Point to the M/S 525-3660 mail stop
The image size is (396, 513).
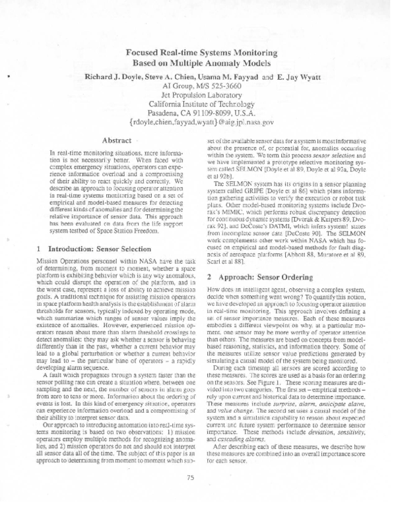click(x=219, y=86)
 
